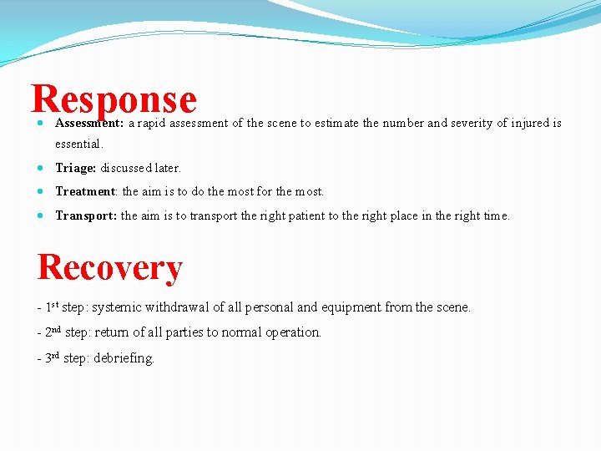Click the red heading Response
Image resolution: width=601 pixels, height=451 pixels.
pos(114,99)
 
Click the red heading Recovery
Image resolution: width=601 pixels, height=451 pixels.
pos(109,267)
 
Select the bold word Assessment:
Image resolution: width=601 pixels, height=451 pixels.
pos(89,123)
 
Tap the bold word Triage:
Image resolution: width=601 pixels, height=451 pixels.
pos(76,168)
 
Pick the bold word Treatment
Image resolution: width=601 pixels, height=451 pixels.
pos(85,191)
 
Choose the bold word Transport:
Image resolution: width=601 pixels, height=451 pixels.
pos(86,215)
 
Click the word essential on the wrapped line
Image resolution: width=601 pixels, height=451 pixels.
pos(78,144)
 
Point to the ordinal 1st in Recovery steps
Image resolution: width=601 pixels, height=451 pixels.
pos(52,307)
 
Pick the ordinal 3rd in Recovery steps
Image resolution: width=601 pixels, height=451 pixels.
pos(53,357)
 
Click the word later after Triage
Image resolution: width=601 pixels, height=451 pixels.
pos(166,168)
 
